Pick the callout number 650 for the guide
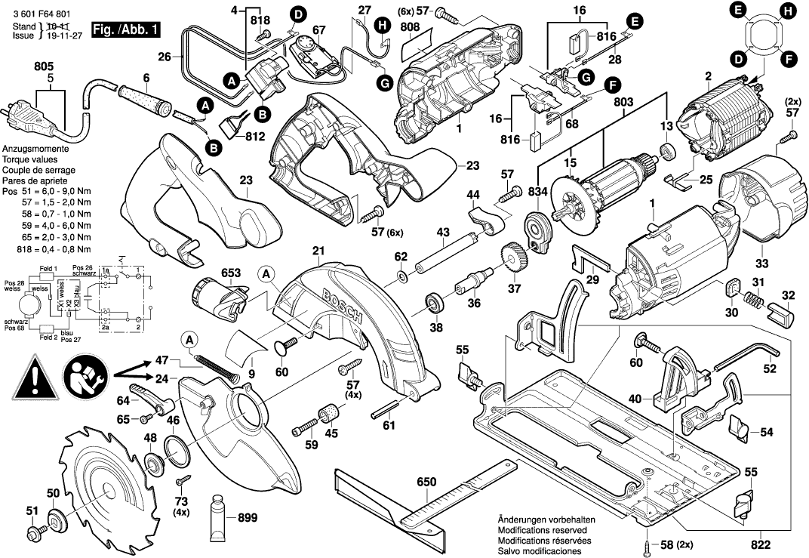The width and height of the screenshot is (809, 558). coord(427,482)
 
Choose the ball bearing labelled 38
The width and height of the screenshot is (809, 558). coord(436,304)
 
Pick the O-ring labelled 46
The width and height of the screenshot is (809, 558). coord(175,452)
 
